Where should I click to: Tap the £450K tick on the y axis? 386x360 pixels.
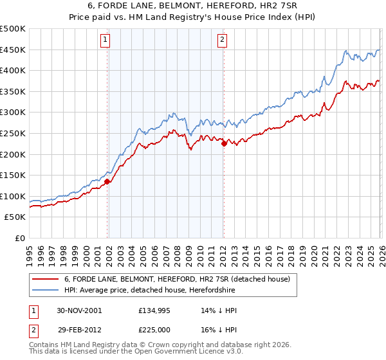(x=13, y=50)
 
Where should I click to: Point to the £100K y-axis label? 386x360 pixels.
(x=13, y=196)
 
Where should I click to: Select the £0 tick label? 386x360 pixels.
(x=19, y=238)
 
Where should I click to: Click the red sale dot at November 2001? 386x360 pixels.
(x=107, y=181)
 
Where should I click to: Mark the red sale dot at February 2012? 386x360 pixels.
(x=224, y=144)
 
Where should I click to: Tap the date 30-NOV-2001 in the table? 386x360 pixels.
(x=78, y=310)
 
